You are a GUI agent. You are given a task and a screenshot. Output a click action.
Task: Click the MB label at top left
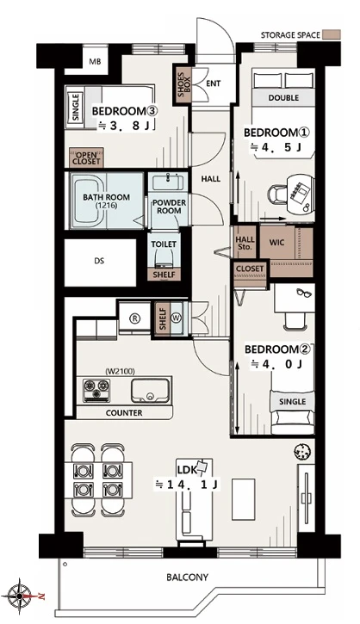95,62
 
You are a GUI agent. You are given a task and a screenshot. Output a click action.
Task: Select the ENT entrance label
214,83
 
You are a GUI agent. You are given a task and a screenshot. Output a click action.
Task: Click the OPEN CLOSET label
86,158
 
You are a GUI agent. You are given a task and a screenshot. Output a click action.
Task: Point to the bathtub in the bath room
89,201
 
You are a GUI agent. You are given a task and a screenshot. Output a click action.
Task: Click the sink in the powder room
168,182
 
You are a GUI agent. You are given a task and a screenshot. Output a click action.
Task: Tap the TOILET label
164,244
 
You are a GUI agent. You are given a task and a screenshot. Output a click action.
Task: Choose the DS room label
99,261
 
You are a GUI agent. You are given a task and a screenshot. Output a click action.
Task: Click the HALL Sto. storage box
245,244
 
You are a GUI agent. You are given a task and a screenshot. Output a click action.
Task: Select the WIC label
276,243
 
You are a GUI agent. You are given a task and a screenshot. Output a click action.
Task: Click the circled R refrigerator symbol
136,318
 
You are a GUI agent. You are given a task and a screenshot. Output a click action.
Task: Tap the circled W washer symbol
176,318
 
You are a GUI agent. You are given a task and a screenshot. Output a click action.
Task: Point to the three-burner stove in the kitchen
96,390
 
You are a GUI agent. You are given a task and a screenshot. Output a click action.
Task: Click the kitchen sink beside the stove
150,391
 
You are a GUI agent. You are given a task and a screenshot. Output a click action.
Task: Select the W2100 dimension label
121,372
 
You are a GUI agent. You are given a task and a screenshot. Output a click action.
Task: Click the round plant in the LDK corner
302,451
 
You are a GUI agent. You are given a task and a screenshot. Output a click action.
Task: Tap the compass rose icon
18,596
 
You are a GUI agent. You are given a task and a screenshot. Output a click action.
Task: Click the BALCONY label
187,577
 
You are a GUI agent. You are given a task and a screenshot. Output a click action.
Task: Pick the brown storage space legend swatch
332,34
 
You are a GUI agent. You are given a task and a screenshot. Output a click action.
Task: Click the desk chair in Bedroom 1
276,195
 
